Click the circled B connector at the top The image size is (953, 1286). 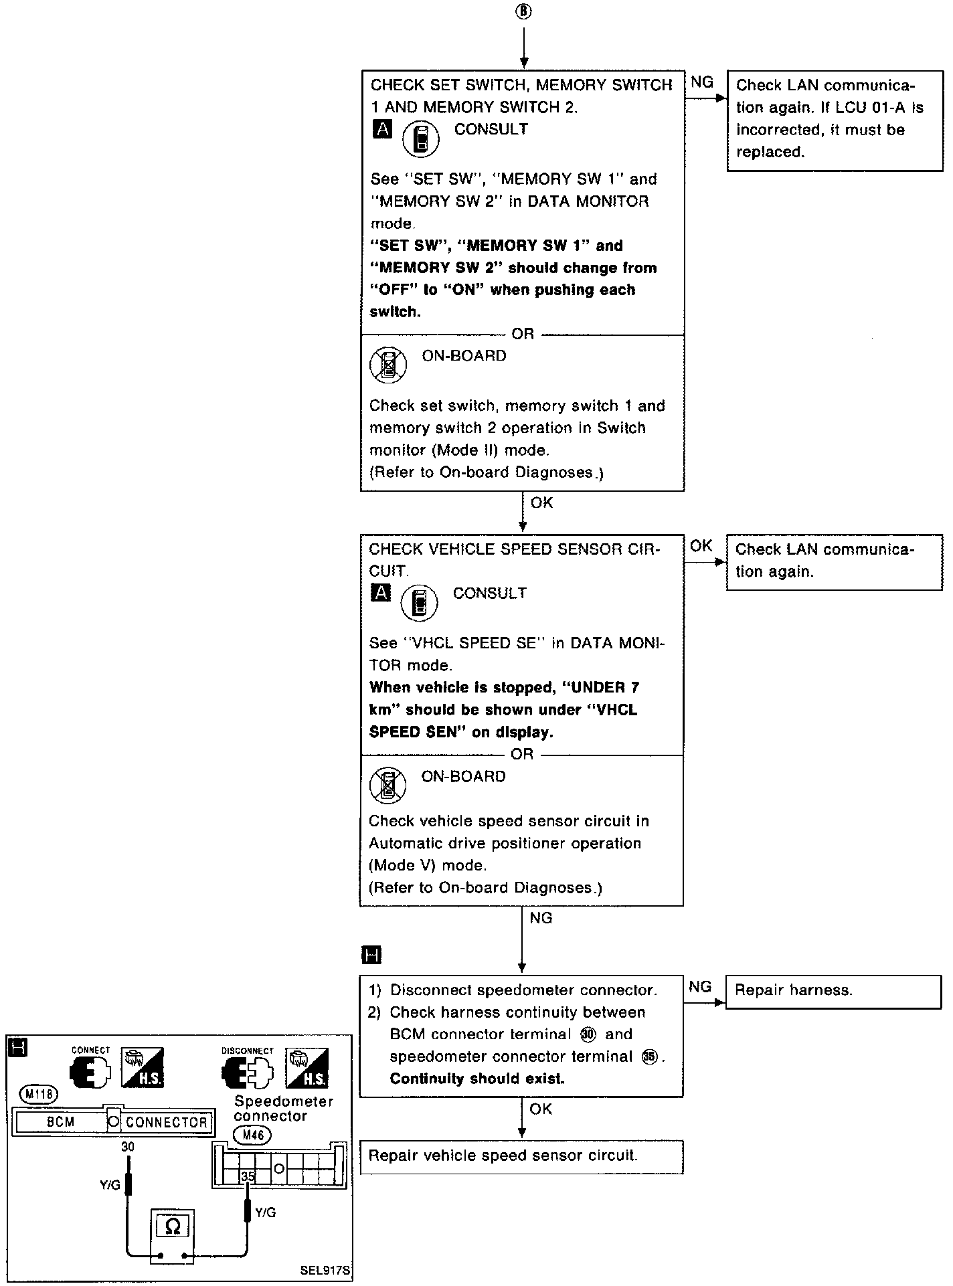point(523,13)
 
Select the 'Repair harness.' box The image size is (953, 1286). point(833,992)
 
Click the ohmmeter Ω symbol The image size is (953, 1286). point(172,1226)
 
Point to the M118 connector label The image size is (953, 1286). point(39,1095)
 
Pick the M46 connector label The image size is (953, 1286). point(252,1135)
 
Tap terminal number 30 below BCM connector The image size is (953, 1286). point(127,1146)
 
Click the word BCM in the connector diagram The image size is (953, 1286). point(61,1122)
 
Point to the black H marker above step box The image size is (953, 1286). point(371,955)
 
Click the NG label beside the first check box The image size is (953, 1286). point(701,82)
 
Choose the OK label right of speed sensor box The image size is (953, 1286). point(701,546)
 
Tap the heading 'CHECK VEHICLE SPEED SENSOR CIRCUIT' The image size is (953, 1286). point(514,559)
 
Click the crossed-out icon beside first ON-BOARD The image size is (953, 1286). point(388,365)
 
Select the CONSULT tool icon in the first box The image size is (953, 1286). point(420,139)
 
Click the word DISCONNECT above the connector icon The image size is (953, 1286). point(247,1050)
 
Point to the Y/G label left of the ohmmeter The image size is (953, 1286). point(110,1185)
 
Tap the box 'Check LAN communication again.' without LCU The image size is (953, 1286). point(833,561)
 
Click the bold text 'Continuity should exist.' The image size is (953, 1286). point(476,1079)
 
